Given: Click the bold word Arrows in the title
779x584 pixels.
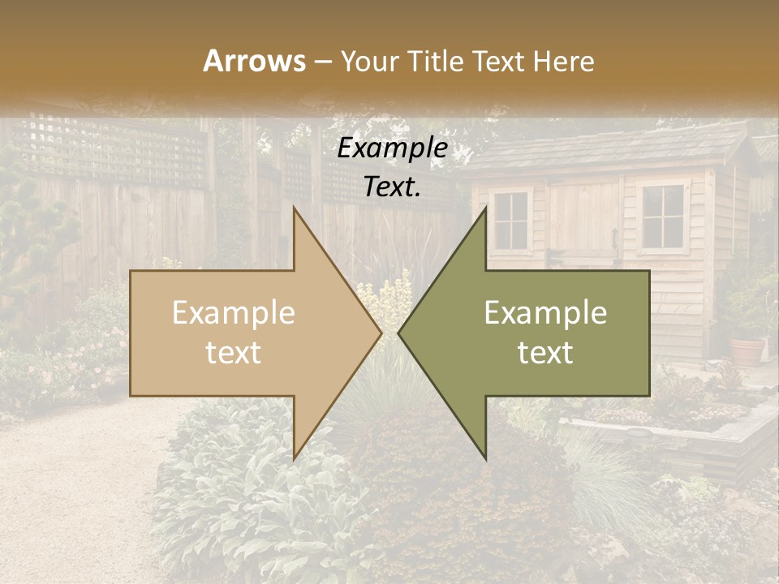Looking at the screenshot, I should (254, 61).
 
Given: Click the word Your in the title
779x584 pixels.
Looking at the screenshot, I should (369, 62).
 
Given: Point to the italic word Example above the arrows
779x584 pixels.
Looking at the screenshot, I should (393, 148).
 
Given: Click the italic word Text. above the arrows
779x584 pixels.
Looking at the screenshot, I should (393, 187).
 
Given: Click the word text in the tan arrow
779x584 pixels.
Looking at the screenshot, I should (233, 353).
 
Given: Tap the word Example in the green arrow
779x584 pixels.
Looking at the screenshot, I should (545, 313).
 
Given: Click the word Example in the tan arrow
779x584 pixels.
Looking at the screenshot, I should (233, 313).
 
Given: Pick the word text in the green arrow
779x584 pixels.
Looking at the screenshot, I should (545, 353).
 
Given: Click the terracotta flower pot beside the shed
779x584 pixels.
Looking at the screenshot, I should (747, 350).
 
